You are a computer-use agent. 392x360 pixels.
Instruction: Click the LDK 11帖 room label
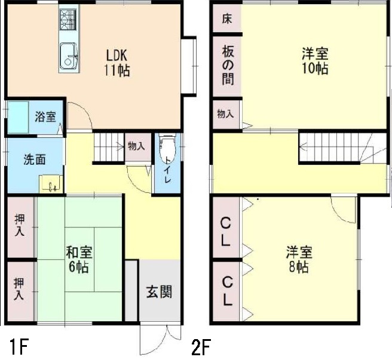(x=115, y=62)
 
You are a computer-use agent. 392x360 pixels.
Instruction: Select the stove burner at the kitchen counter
(x=68, y=20)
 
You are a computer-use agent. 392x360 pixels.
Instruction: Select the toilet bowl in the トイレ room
(x=167, y=146)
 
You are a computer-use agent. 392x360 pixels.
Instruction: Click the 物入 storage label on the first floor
(x=136, y=146)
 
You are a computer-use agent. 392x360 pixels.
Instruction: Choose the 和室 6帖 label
(x=78, y=259)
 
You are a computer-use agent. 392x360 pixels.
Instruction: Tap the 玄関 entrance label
(x=159, y=292)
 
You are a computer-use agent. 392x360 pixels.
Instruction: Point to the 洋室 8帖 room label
(x=296, y=260)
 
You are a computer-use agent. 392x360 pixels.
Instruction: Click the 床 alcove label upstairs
(x=226, y=19)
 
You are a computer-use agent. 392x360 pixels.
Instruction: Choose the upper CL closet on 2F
(x=226, y=232)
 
